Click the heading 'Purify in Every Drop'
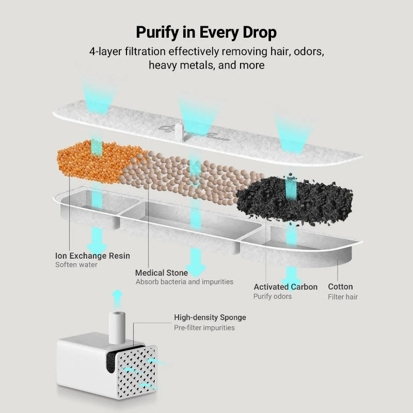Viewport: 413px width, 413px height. point(206,33)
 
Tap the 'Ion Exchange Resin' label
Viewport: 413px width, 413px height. point(92,256)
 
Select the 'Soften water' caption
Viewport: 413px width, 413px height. point(76,265)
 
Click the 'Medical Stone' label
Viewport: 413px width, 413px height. point(162,273)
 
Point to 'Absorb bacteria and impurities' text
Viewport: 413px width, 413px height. point(184,282)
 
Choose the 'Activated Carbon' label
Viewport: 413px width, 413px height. point(285,287)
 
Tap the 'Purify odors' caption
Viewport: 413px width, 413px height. point(273,296)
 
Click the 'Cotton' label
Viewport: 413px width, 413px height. point(340,287)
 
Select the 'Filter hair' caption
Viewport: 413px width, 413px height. point(343,297)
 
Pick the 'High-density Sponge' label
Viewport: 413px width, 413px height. point(210,317)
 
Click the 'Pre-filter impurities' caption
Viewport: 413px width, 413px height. point(204,328)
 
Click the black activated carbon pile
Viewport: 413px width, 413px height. point(295,199)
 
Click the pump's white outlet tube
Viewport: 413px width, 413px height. point(117,327)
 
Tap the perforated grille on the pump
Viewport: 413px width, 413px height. point(137,371)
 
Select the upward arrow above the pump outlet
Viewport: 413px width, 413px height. point(118,298)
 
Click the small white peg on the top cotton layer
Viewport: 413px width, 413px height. point(178,132)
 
